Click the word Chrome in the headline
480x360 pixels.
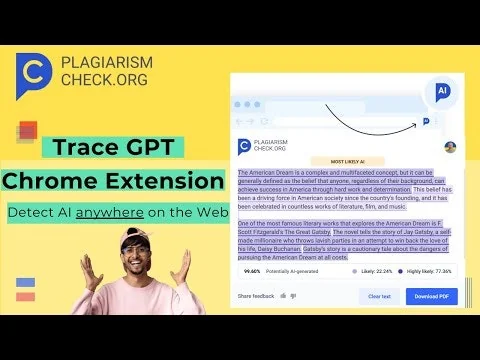click(54, 182)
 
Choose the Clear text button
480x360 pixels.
click(379, 296)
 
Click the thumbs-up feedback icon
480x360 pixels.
click(283, 296)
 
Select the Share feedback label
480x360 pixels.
click(255, 296)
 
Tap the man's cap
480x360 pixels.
click(136, 233)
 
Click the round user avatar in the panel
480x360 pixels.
click(450, 147)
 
